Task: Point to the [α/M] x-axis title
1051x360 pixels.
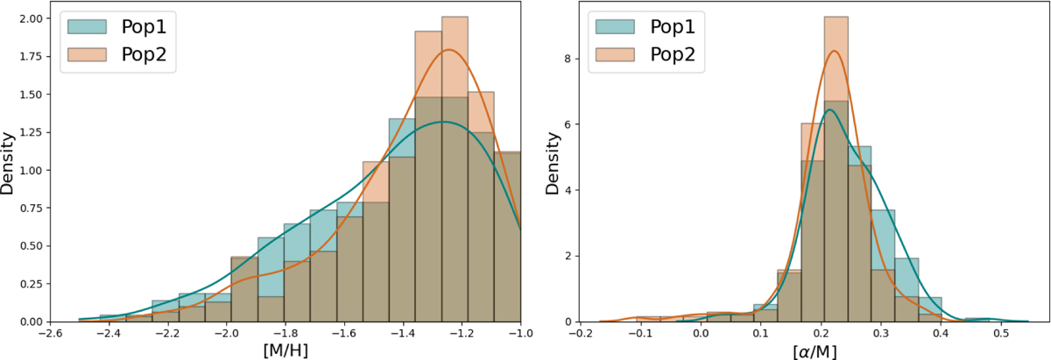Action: coord(800,349)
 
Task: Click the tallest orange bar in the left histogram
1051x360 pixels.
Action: coord(455,166)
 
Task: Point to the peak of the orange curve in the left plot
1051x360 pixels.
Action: coord(449,50)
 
